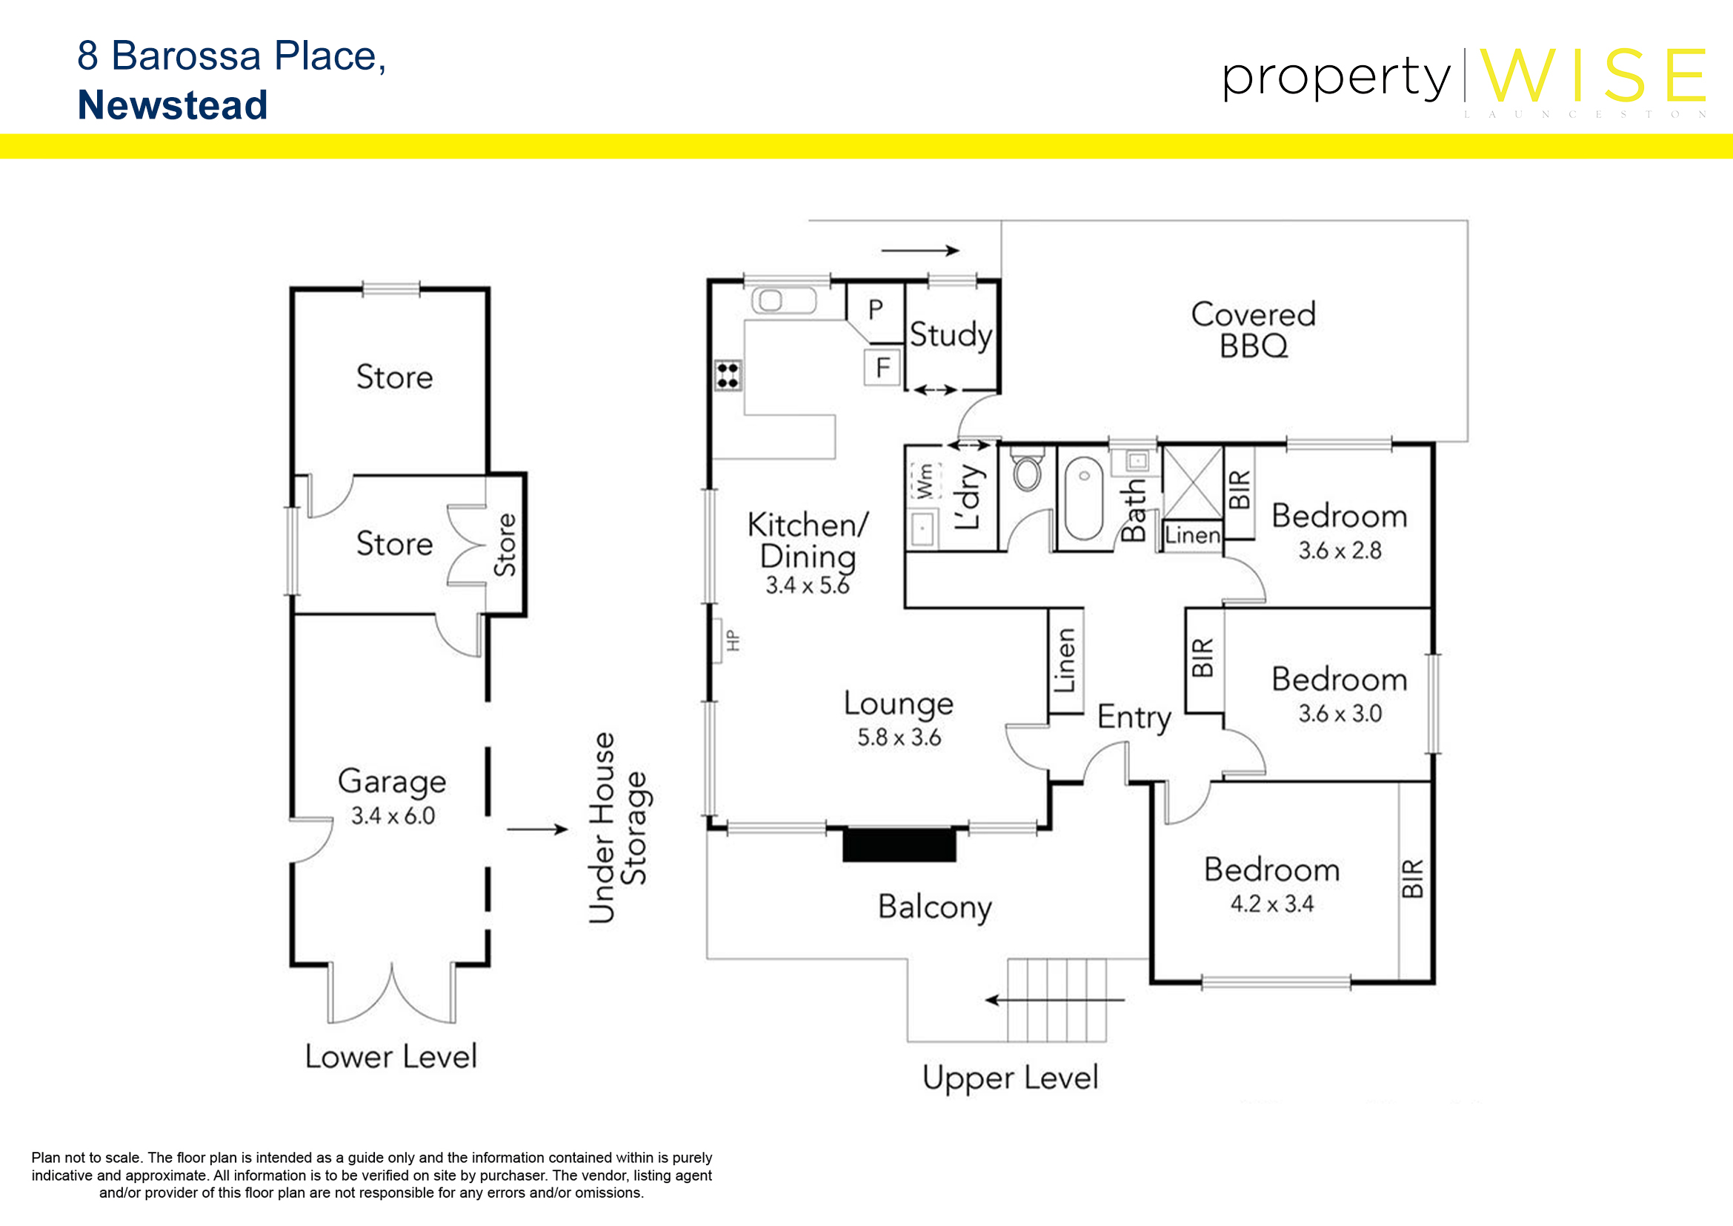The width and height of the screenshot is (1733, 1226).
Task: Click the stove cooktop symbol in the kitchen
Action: (728, 375)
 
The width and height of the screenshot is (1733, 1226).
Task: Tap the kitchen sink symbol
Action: (783, 300)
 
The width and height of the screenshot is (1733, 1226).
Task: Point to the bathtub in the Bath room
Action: (1084, 498)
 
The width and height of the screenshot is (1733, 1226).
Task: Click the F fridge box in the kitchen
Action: (882, 368)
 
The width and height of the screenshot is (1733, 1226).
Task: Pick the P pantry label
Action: (876, 310)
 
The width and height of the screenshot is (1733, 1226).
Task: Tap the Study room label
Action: (951, 335)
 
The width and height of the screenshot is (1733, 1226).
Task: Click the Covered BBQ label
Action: (1253, 330)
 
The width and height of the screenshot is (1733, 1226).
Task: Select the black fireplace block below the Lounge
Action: (899, 845)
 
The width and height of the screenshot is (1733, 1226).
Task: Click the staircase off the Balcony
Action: (1057, 1000)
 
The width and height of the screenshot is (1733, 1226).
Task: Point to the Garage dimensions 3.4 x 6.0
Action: (393, 815)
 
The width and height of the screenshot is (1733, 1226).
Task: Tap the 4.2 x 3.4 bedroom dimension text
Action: (1272, 904)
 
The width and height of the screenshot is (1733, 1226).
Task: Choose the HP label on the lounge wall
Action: (732, 640)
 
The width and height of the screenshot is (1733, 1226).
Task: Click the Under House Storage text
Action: (617, 827)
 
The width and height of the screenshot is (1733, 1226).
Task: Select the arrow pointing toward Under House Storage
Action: (537, 829)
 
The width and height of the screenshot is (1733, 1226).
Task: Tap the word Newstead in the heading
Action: (173, 105)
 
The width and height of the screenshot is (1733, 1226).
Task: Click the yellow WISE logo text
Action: (1593, 75)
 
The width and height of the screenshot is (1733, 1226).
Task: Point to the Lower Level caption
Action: (391, 1056)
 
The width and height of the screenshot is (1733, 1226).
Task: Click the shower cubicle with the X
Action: (1192, 483)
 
